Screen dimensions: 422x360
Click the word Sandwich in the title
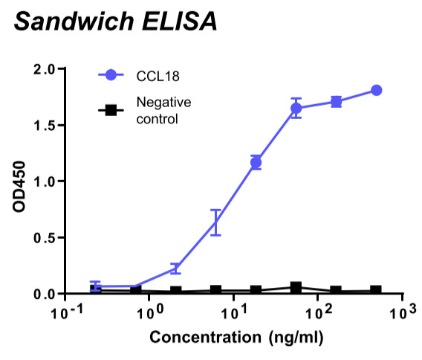74,22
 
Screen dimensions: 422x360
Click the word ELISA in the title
179,22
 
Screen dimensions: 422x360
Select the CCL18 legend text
158,77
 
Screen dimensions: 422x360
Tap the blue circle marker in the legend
111,75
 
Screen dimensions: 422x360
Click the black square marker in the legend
111,110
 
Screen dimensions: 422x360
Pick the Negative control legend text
163,111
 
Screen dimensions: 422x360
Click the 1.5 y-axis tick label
45,126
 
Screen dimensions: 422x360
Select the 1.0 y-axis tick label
45,182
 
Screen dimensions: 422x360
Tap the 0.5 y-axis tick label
44,238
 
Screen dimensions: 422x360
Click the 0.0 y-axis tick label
44,294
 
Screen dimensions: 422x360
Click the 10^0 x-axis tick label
150,312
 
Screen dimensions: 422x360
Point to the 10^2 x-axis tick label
319,312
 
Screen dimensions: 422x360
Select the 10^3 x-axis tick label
403,312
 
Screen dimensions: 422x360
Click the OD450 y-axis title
19,187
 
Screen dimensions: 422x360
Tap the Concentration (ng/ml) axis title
236,338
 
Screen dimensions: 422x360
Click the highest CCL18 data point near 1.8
376,90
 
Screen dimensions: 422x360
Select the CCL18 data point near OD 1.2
256,162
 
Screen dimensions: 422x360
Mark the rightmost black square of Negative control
376,290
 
